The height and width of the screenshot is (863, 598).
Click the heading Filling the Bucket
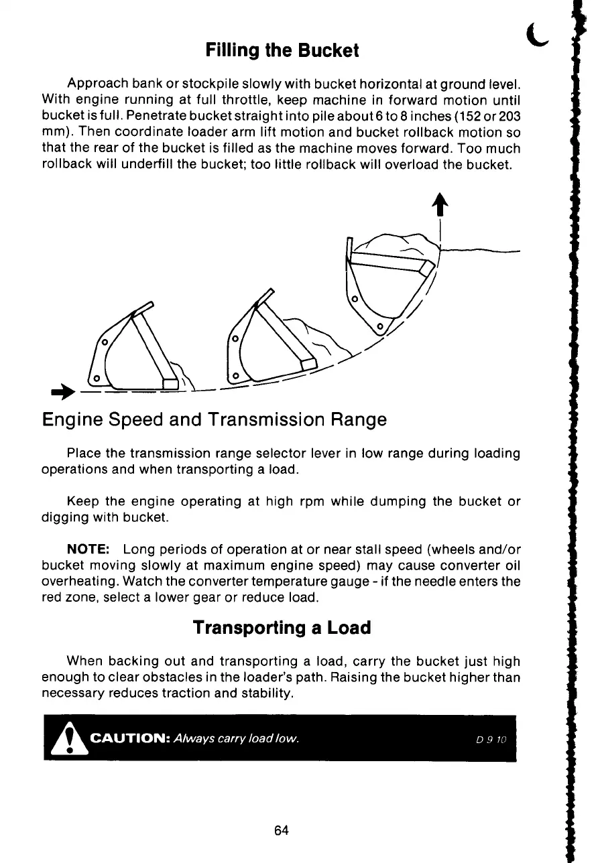[282, 50]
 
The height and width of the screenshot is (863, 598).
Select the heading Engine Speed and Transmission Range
[214, 420]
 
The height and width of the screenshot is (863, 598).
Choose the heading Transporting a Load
[282, 628]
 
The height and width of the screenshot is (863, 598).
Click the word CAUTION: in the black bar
[131, 738]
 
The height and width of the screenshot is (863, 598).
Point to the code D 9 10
[492, 739]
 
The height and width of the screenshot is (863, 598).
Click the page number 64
[282, 830]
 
